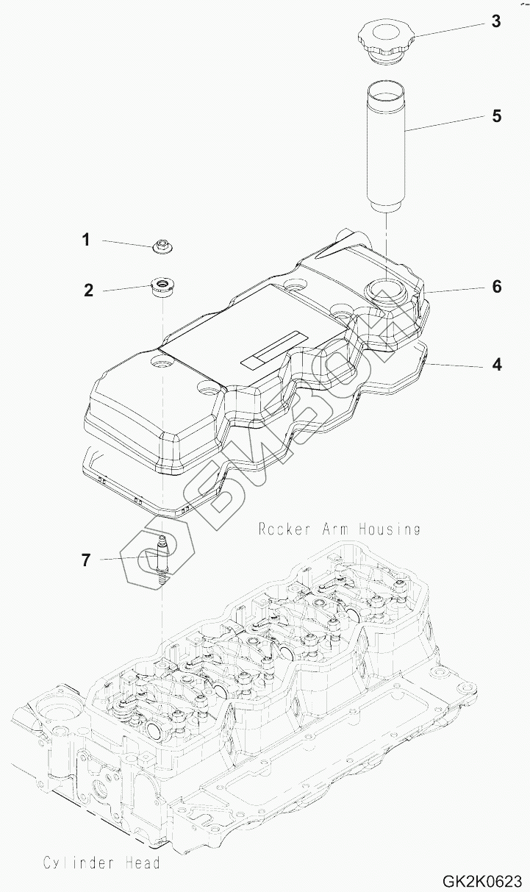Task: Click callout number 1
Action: point(86,239)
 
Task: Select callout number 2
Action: point(88,290)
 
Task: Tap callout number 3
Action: point(496,21)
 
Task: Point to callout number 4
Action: point(497,364)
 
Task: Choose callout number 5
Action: point(496,115)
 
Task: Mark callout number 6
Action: point(497,286)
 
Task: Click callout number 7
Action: point(86,560)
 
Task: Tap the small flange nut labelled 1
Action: point(160,246)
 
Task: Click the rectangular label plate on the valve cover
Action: point(271,349)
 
